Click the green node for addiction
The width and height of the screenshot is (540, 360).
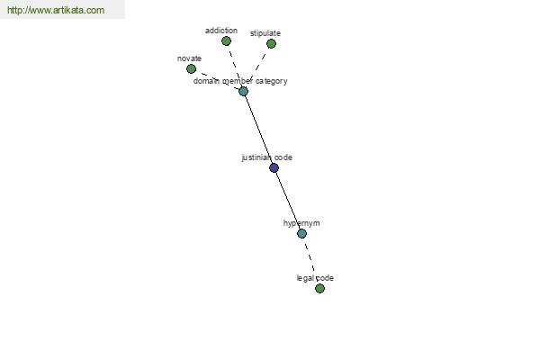(226, 41)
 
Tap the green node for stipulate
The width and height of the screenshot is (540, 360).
(271, 44)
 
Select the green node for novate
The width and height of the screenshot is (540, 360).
(191, 69)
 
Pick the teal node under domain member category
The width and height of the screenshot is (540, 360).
(243, 91)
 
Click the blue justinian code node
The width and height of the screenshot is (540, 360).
(274, 167)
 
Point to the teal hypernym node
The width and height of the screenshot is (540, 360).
(301, 234)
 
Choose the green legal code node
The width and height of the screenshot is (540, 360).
(319, 288)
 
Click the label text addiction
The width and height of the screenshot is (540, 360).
(221, 31)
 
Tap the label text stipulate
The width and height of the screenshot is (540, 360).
(265, 33)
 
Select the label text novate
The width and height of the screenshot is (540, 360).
(189, 58)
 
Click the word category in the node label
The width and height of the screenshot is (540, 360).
(272, 81)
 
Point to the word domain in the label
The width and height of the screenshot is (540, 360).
(206, 81)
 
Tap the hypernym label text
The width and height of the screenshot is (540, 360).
(301, 223)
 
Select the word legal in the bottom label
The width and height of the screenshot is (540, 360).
(305, 278)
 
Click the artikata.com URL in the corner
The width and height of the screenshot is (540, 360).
(56, 10)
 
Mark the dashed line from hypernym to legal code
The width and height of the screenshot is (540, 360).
(310, 261)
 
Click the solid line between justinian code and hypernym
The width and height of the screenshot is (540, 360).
(288, 201)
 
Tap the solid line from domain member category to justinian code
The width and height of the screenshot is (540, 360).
(258, 130)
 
